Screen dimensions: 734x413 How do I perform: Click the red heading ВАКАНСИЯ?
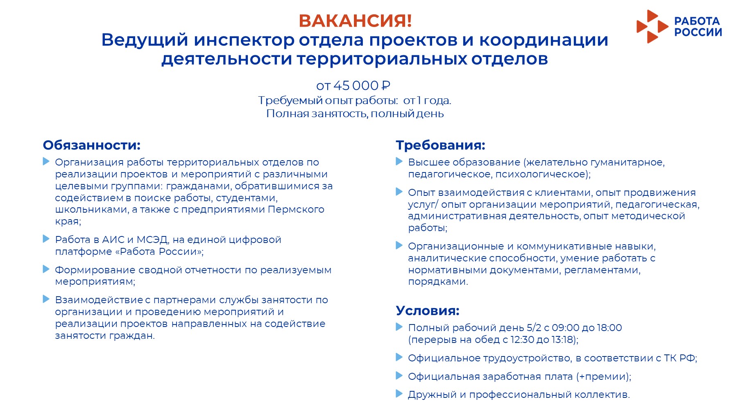pyautogui.click(x=355, y=21)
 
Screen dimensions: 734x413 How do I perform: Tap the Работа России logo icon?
pyautogui.click(x=652, y=27)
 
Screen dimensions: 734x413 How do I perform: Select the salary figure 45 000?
pyautogui.click(x=356, y=86)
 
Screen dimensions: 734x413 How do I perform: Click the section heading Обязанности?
pyautogui.click(x=92, y=145)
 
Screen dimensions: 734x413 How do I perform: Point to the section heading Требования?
pyautogui.click(x=440, y=145)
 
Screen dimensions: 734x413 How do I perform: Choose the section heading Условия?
pyautogui.click(x=428, y=311)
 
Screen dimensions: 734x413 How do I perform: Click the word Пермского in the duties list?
pyautogui.click(x=296, y=209)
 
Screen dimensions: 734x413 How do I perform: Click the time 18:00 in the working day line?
pyautogui.click(x=609, y=328)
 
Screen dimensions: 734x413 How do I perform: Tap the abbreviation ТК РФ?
pyautogui.click(x=679, y=358)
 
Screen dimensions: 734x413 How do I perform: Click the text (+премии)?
pyautogui.click(x=603, y=377)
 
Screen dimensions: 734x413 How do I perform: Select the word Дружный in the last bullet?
pyautogui.click(x=432, y=395)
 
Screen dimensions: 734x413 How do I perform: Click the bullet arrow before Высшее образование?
pyautogui.click(x=399, y=161)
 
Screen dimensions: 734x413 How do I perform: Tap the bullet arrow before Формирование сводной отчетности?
pyautogui.click(x=46, y=269)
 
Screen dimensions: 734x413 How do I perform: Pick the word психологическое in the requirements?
pyautogui.click(x=541, y=175)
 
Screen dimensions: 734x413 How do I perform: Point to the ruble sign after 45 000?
pyautogui.click(x=385, y=86)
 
